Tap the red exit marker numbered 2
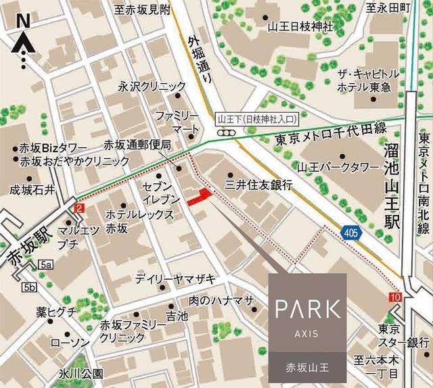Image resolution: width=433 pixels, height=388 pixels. [x=80, y=210]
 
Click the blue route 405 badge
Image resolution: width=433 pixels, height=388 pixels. [x=350, y=233]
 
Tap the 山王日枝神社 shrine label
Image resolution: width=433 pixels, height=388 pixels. [x=300, y=27]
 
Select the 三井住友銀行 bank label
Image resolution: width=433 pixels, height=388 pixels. [x=259, y=184]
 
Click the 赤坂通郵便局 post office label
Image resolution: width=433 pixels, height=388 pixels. [x=136, y=145]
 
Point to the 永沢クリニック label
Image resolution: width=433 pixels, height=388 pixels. [x=152, y=87]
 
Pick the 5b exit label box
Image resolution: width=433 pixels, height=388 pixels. [x=29, y=288]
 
